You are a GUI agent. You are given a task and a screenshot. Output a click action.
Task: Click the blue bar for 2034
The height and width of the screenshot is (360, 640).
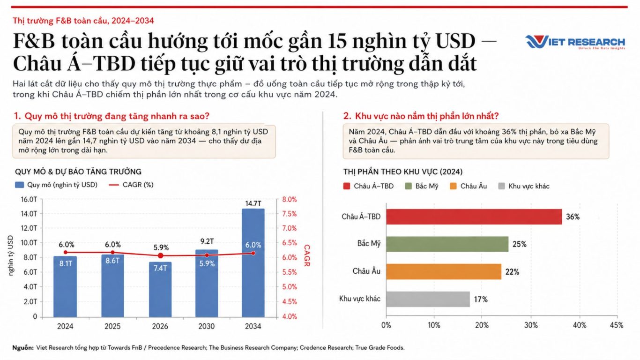253,263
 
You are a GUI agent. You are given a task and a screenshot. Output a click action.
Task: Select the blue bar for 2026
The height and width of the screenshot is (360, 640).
160,289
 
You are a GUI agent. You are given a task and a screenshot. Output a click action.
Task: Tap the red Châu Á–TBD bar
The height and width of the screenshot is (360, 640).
474,217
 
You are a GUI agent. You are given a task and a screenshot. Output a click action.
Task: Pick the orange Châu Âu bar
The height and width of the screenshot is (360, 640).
444,271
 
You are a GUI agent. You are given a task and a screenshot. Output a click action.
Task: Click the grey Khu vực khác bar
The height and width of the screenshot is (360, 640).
428,299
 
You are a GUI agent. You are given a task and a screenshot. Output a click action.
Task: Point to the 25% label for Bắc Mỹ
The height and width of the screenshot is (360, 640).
520,244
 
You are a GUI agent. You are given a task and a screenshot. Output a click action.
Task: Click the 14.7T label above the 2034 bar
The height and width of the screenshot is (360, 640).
253,203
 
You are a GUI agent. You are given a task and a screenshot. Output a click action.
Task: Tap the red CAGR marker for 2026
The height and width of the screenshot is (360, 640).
161,255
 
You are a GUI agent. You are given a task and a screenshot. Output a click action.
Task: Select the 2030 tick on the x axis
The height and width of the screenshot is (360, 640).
207,326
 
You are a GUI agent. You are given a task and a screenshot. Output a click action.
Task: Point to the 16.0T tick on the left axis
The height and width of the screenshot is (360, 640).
29,199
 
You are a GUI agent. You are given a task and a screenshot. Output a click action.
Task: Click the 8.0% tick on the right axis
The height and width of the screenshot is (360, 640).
290,199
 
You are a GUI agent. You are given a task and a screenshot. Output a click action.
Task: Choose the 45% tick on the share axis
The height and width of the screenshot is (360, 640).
617,325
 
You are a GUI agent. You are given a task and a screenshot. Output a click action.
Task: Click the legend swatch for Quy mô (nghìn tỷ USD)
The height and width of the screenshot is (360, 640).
19,185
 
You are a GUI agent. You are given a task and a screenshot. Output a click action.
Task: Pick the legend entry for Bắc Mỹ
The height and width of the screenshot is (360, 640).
421,186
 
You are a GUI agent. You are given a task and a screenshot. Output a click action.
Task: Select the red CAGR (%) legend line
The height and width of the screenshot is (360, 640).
114,185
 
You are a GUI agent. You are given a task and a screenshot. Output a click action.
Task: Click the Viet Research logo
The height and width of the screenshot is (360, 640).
575,42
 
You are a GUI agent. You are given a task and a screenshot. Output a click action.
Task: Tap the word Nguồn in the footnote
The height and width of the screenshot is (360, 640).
23,348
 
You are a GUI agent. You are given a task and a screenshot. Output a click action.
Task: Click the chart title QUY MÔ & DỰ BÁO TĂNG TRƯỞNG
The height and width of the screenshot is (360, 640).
78,172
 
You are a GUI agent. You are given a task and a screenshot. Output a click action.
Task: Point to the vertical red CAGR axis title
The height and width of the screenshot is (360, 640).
307,255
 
